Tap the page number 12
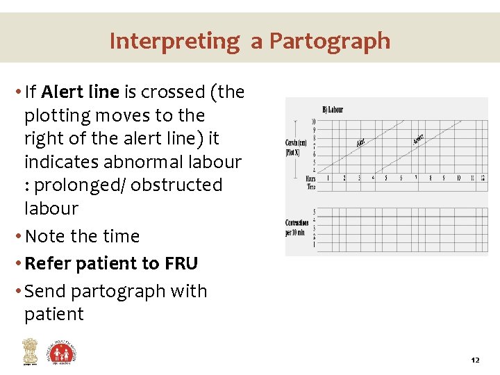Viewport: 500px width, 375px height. tap(475, 360)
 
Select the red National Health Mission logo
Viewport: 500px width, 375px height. tap(62, 352)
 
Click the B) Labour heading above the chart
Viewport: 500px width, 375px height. tap(332, 109)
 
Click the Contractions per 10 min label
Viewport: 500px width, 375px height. tap(297, 227)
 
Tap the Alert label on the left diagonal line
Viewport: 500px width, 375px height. tap(361, 142)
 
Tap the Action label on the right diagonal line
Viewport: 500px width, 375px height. tap(418, 139)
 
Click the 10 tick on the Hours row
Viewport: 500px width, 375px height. tap(458, 178)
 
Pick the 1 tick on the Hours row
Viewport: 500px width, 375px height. tap(328, 178)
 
